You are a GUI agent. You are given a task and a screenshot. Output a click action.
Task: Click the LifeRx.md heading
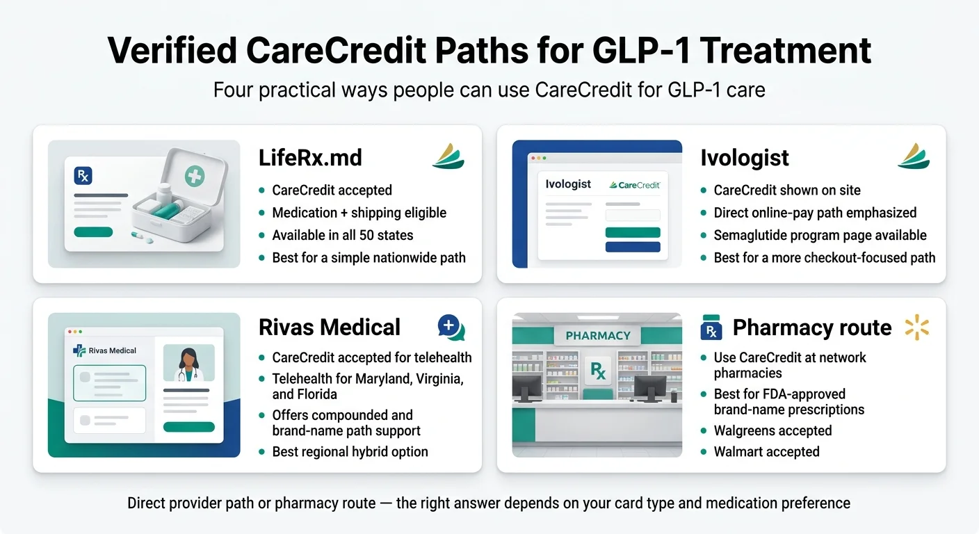pos(310,158)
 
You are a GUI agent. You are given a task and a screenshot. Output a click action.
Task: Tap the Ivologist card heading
pos(744,158)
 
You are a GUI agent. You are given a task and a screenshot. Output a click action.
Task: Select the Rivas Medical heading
pos(330,327)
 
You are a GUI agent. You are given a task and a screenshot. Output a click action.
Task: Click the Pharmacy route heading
pos(811,327)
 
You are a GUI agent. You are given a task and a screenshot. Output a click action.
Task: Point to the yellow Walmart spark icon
pos(917,327)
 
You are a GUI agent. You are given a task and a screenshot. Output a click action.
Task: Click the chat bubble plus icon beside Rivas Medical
pos(451,327)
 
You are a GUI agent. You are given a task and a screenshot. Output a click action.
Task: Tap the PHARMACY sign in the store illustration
pos(598,335)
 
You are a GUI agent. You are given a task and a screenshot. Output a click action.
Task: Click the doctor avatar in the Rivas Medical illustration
pos(188,362)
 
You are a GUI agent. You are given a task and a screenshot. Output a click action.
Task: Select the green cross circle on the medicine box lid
pos(195,176)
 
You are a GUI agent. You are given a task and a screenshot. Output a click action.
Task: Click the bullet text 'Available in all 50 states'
pos(342,235)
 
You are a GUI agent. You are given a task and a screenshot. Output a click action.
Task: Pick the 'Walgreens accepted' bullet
pos(772,430)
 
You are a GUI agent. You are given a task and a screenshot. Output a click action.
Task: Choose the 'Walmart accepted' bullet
pos(766,452)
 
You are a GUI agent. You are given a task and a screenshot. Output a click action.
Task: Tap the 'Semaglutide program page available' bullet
pos(820,235)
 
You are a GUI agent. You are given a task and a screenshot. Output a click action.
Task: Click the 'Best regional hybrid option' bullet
pos(350,452)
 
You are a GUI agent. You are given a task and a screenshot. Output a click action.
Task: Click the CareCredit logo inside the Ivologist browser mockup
pos(634,185)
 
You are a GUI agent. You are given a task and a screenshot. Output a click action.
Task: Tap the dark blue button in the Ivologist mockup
pos(633,247)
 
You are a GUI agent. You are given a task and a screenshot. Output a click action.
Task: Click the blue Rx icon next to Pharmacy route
pos(711,327)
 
